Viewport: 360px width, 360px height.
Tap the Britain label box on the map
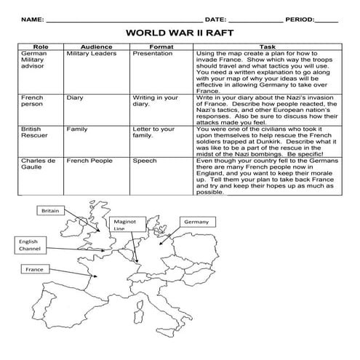tap(50, 210)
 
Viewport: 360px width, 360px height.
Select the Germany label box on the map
tap(196, 220)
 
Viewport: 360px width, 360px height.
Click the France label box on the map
tap(35, 269)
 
